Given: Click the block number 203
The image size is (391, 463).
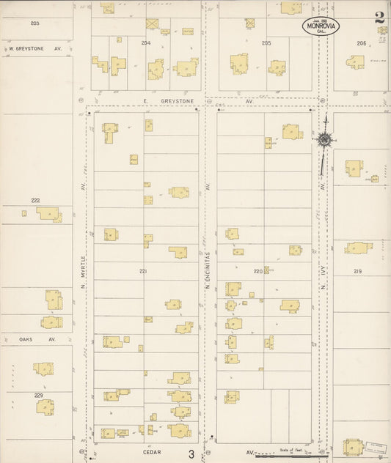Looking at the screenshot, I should pos(34,23).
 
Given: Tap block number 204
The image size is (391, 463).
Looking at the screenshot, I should pos(145,42).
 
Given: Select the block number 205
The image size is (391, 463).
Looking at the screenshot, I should pos(266,43).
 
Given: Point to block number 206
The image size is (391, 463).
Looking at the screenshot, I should pos(361,43).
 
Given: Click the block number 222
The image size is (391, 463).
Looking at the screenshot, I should pos(35,199).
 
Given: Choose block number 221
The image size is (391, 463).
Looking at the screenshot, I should pos(144,271).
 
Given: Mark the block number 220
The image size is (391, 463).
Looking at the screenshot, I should pos(258,271).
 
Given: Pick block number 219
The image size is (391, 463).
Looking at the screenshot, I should pos(357,271).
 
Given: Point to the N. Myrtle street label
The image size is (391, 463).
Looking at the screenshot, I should pos(84,270).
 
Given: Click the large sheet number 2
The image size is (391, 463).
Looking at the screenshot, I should pos(379,18).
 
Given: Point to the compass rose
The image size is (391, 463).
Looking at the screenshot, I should pos(324,139).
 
